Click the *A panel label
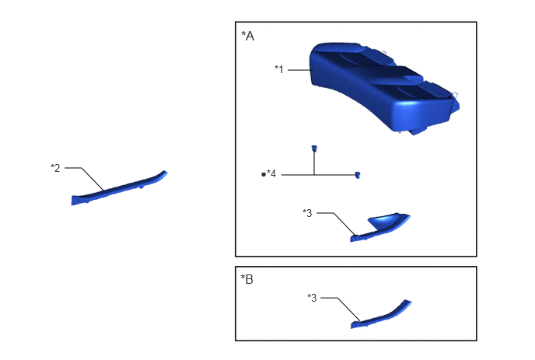[x=248, y=36]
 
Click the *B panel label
[x=247, y=279]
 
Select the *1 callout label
[x=279, y=69]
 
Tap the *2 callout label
[x=55, y=168]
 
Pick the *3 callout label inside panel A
[x=307, y=213]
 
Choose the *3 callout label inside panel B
[x=312, y=298]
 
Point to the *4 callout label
[x=271, y=173]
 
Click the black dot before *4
[x=264, y=174]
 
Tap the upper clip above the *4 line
[x=314, y=148]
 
